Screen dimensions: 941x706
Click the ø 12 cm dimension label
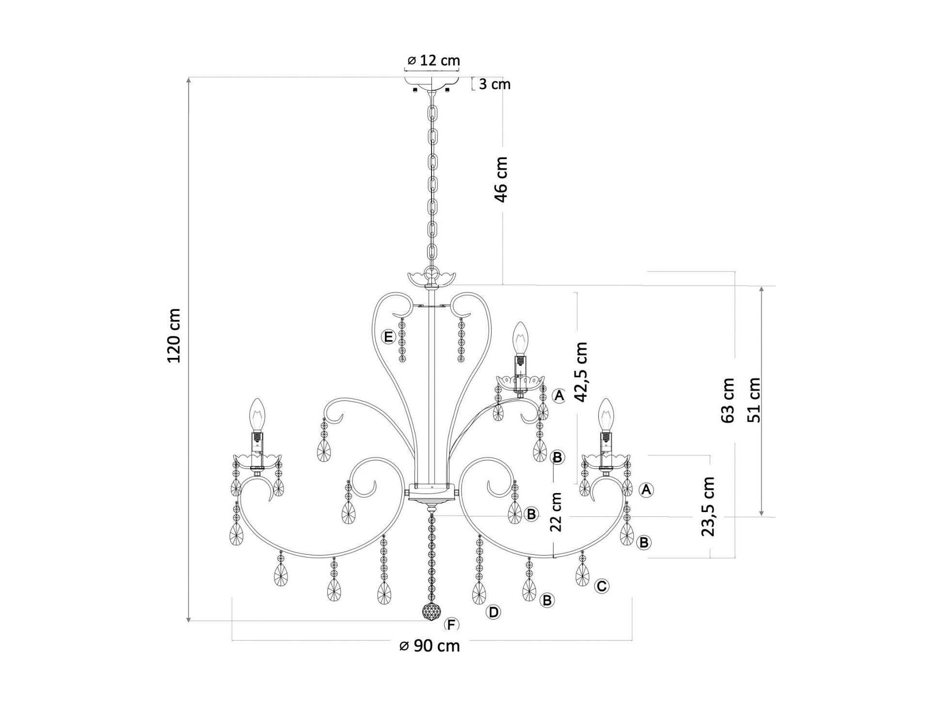[433, 61]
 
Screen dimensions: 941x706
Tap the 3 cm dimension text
[494, 84]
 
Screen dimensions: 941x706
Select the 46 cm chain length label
[501, 179]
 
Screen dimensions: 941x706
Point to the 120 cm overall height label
[174, 336]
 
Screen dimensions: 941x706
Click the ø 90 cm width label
[430, 646]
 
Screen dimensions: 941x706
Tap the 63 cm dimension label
[728, 401]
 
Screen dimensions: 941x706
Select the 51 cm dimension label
[754, 400]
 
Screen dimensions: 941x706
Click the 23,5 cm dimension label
[708, 506]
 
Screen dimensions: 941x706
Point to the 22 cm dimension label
[556, 512]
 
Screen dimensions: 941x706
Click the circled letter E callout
[388, 337]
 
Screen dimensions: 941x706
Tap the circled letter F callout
[451, 625]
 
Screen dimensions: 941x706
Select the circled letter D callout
[494, 612]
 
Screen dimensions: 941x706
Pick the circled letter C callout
[602, 586]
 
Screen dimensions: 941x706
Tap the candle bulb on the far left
[257, 416]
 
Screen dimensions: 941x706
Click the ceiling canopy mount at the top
[432, 84]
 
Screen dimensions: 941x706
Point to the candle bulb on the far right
[605, 416]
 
